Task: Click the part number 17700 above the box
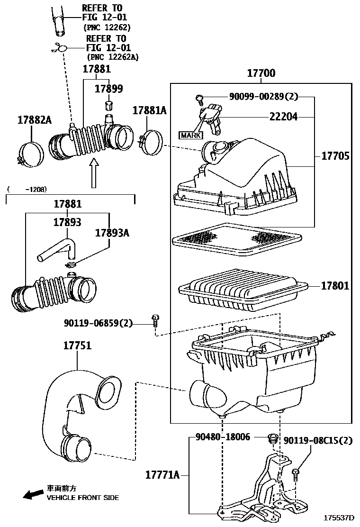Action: [x=261, y=73]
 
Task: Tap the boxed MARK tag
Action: [x=190, y=135]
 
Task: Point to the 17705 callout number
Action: [x=335, y=156]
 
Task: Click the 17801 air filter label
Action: [x=335, y=286]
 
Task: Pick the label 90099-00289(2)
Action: [x=263, y=97]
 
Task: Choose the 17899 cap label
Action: [x=108, y=89]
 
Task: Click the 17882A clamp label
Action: [x=35, y=120]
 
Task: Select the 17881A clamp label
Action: [x=150, y=110]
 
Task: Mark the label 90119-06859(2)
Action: [x=99, y=323]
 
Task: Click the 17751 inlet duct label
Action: [x=77, y=345]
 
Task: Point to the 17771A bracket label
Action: [x=162, y=474]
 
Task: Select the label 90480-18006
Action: [x=223, y=437]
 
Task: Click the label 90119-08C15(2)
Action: [x=318, y=441]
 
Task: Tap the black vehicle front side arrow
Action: [x=32, y=495]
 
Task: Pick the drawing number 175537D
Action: [x=339, y=518]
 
